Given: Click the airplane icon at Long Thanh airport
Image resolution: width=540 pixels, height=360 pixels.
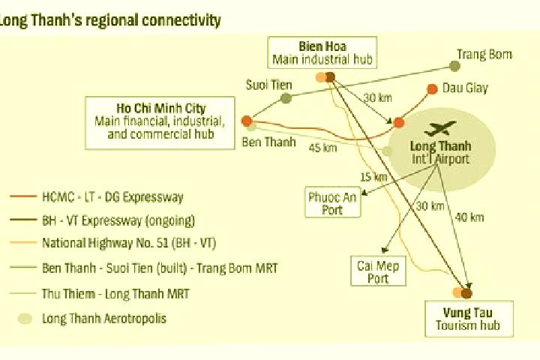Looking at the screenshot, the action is (x=440, y=128).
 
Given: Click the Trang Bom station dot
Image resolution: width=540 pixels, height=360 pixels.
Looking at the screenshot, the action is (x=454, y=66).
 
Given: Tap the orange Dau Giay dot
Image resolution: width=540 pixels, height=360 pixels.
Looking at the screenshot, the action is (x=432, y=89).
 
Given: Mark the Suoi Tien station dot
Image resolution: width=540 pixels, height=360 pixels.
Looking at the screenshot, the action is (x=286, y=98).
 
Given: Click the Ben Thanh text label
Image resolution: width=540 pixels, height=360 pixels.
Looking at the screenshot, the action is (x=268, y=142).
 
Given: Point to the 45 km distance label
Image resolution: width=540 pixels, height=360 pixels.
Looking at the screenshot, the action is (x=322, y=148).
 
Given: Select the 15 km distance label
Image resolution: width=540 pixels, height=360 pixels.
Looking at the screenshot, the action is (x=373, y=177).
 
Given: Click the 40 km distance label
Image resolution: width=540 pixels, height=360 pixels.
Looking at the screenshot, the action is (x=469, y=217).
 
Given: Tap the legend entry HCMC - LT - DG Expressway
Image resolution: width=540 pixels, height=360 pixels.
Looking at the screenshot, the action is (x=97, y=197).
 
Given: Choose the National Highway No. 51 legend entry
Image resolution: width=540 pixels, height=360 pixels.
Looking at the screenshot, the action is (x=112, y=243).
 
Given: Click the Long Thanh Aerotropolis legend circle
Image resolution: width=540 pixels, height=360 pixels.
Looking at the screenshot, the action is (x=25, y=319).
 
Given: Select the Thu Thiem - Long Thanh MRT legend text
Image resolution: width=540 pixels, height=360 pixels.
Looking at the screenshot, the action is (x=115, y=294).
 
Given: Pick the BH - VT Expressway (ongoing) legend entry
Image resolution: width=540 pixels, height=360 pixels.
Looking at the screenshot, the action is (x=102, y=220).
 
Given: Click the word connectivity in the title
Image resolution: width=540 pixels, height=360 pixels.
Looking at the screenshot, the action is (x=181, y=20).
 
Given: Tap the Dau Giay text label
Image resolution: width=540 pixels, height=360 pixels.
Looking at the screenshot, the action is (x=465, y=88).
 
